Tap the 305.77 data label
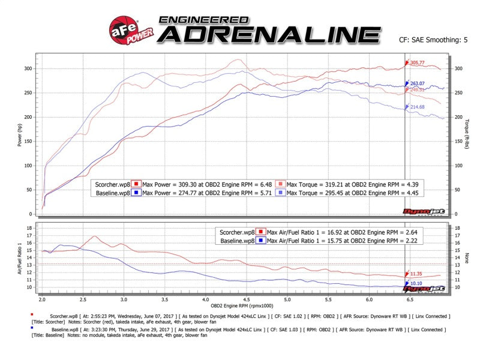click(418, 62)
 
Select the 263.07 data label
click(418, 83)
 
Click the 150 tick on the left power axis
click(28, 141)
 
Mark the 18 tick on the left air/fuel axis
click(29, 229)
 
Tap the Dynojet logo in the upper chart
click(415, 210)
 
